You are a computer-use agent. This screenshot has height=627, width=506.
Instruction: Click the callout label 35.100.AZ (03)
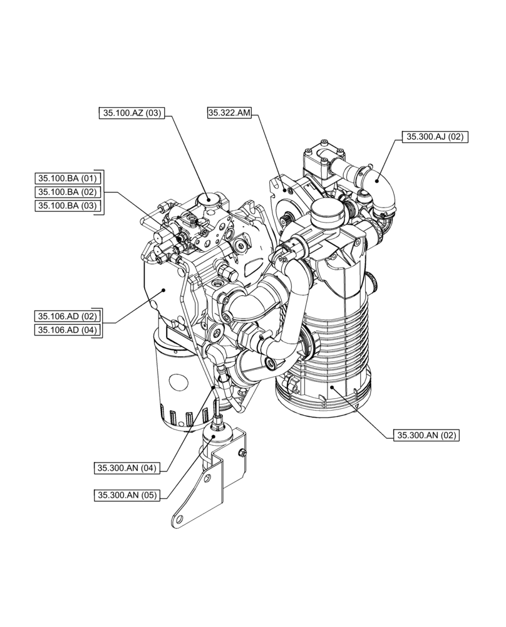pos(131,113)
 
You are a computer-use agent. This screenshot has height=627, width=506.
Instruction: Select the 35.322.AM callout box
pos(229,113)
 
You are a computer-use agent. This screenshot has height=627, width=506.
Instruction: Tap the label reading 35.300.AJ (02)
pos(435,137)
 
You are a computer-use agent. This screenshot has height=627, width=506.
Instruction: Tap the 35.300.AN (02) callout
pos(426,435)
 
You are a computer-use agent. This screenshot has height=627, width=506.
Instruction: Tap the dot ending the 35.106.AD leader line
pos(164,290)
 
